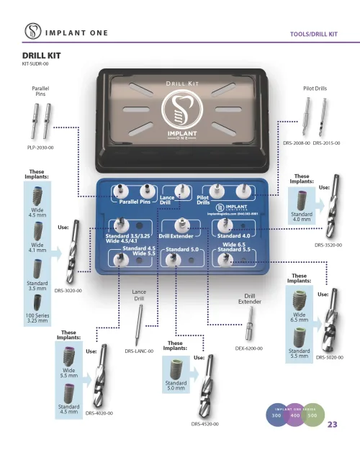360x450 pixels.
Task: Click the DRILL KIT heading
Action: point(39,55)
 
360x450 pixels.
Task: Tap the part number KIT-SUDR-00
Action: point(35,63)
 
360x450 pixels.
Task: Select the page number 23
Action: point(332,424)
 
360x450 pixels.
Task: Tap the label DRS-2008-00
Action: point(296,143)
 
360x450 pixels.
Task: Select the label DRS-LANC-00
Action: point(139,351)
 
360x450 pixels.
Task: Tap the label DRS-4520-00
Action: point(204,424)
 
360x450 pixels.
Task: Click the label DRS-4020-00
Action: point(99,413)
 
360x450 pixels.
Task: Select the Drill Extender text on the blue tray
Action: point(176,235)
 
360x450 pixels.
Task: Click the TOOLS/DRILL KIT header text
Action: point(313,34)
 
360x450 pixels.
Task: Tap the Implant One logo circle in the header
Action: point(32,32)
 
